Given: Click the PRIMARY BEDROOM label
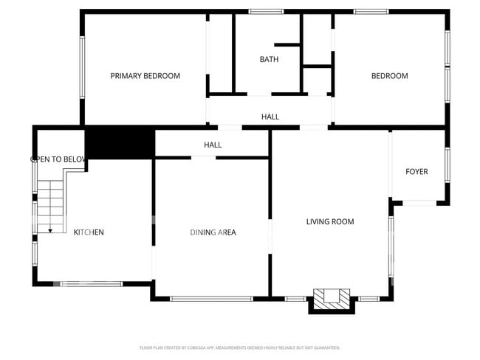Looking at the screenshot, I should (x=145, y=76).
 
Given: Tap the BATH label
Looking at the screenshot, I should (x=269, y=59).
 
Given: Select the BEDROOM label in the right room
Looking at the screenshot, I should (x=389, y=76).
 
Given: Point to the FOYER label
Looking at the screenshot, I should (x=416, y=172).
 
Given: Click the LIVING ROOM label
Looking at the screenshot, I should (x=330, y=221).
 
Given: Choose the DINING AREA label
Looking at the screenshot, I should (x=213, y=232).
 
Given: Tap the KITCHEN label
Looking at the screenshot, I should (x=89, y=232).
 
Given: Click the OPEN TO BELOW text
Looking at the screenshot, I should (x=59, y=159).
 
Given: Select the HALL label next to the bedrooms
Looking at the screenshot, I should (x=270, y=117).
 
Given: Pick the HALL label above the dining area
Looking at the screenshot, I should (x=213, y=145).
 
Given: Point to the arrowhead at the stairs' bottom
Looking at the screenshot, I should (x=50, y=231).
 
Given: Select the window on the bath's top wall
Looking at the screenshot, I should (x=266, y=11).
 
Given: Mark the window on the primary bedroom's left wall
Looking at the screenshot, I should (x=82, y=66).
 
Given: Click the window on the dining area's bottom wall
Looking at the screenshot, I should (x=213, y=298).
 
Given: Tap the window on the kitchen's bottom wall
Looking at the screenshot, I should (x=92, y=283).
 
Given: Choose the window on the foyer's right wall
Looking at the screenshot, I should (x=448, y=165).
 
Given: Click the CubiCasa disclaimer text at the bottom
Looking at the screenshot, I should (x=239, y=347).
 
